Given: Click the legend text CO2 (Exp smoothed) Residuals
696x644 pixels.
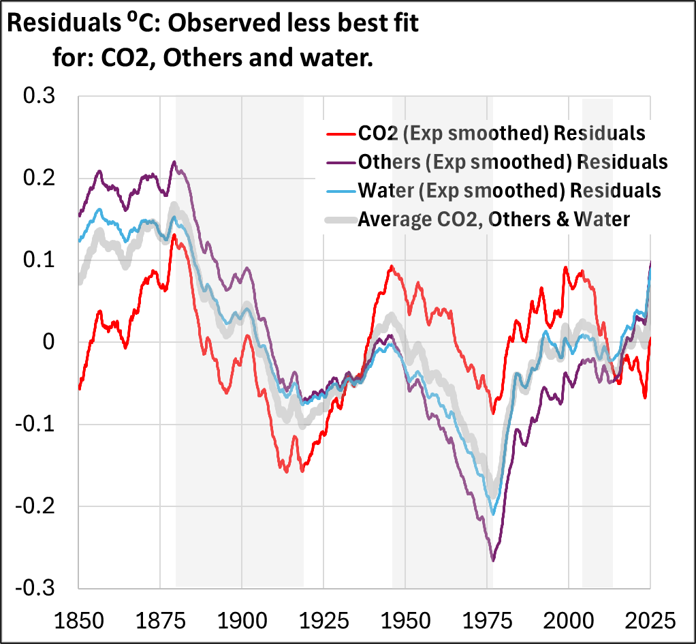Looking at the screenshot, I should tap(502, 132).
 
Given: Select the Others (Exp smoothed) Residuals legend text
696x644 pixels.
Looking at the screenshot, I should tap(513, 162).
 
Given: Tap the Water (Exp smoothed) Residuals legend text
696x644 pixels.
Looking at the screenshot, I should tap(510, 190).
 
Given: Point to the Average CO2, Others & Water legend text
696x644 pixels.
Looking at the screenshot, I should tap(494, 219).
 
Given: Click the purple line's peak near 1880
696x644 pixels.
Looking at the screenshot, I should tap(174, 162).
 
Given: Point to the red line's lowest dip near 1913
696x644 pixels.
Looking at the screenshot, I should tap(285, 471).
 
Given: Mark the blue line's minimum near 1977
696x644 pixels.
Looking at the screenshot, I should tap(493, 515).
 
